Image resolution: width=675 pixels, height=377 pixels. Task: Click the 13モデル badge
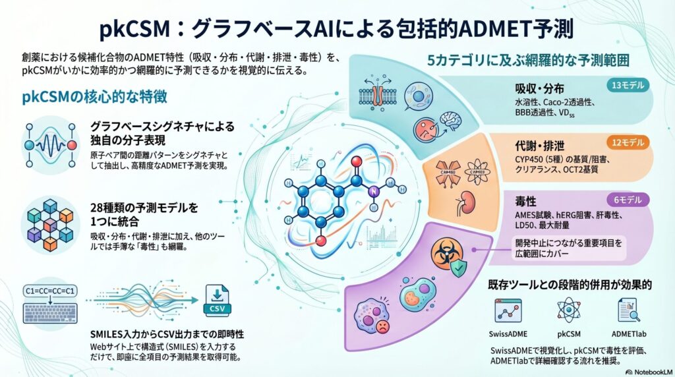(629, 85)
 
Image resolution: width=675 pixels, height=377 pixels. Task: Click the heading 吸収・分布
(539, 89)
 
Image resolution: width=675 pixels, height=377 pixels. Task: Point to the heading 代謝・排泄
(539, 145)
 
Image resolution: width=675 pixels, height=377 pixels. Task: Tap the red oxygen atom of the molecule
(356, 161)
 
